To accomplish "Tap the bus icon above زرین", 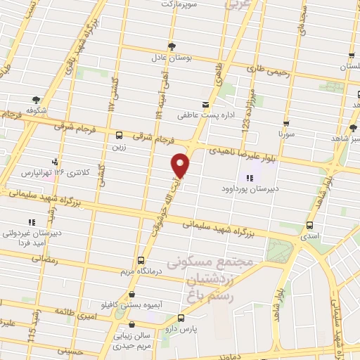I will pyautogui.click(x=119, y=134).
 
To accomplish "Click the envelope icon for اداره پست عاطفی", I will pyautogui.click(x=205, y=104).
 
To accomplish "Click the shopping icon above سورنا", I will pyautogui.click(x=285, y=121).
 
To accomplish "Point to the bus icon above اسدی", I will pyautogui.click(x=310, y=226).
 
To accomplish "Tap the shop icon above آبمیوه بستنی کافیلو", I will pyautogui.click(x=132, y=295).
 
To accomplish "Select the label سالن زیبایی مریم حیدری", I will pyautogui.click(x=139, y=340).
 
